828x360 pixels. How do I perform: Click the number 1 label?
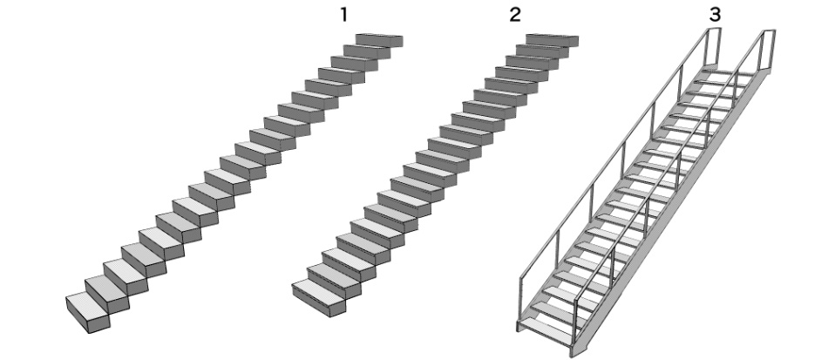(343, 15)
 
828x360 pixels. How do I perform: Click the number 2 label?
(515, 15)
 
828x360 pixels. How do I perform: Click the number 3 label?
(715, 15)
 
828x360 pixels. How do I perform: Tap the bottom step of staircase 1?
(88, 312)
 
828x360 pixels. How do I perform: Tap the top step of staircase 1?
(379, 40)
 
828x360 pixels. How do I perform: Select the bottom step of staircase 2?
(319, 298)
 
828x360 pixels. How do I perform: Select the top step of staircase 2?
(552, 39)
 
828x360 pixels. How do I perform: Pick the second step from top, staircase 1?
(367, 51)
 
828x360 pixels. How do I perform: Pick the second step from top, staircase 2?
(542, 51)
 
